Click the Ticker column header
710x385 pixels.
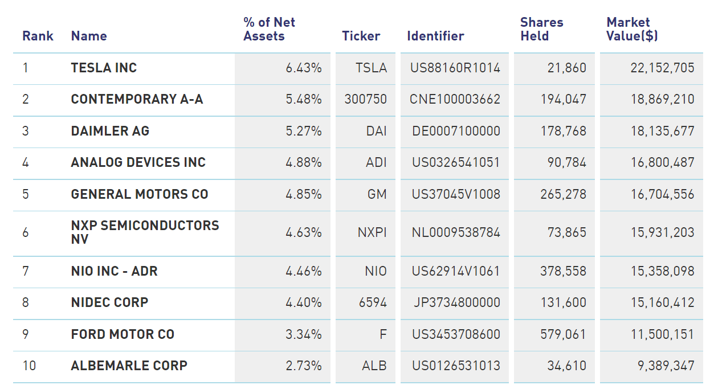click(361, 36)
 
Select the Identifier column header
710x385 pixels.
click(435, 36)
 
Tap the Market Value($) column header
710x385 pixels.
click(632, 29)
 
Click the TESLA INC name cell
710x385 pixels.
click(104, 68)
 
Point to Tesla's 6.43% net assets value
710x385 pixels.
click(304, 68)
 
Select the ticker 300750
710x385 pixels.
click(365, 99)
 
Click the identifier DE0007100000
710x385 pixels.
click(456, 131)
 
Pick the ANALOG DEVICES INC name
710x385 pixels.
click(138, 162)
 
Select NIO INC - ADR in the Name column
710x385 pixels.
click(114, 271)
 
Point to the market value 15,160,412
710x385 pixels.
click(662, 302)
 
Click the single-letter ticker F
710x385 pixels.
click(383, 334)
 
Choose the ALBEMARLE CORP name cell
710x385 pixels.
click(129, 366)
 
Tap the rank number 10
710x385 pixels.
click(28, 366)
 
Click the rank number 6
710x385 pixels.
click(26, 232)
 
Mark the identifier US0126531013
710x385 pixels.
click(455, 366)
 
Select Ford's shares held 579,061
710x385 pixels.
click(563, 334)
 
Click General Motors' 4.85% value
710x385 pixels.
click(304, 194)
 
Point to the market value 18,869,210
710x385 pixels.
click(662, 99)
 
